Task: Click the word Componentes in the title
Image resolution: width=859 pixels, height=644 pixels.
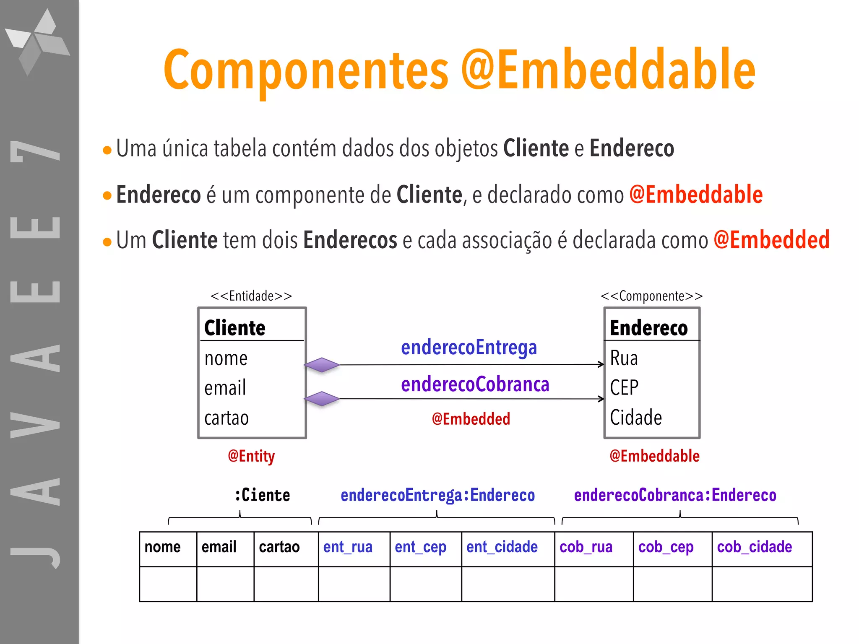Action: pos(306,70)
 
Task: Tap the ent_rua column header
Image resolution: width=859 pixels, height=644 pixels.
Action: pos(348,547)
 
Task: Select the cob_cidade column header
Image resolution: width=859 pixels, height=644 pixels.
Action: pos(754,547)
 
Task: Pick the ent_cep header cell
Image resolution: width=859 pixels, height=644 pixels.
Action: pos(420,547)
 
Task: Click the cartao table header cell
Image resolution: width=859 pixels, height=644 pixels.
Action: pos(279,547)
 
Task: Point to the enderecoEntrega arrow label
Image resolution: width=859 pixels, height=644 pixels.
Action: pos(469,348)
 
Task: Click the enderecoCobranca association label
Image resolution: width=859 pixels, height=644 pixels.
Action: pos(475,384)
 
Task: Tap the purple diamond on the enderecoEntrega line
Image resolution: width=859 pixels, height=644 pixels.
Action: pos(322,365)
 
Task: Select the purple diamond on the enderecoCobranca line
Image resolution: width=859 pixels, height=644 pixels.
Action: pos(322,399)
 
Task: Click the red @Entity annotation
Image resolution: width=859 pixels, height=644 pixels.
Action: pos(251,456)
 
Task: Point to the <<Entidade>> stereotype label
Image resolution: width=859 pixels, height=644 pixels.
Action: pos(251,296)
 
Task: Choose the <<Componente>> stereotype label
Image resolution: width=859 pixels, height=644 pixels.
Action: pos(651,296)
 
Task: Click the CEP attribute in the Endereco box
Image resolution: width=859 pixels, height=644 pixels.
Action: pos(624,387)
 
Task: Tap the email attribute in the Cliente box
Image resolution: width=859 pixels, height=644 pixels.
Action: pos(225,388)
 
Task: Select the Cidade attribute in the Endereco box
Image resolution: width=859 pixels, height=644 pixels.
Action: pos(636,418)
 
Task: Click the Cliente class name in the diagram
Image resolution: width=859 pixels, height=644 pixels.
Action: pos(235,328)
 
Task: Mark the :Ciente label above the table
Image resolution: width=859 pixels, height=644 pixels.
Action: pos(262,495)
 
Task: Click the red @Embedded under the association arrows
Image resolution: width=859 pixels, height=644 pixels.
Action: pos(471,419)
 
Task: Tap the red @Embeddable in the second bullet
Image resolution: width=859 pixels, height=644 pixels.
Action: pos(696,195)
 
